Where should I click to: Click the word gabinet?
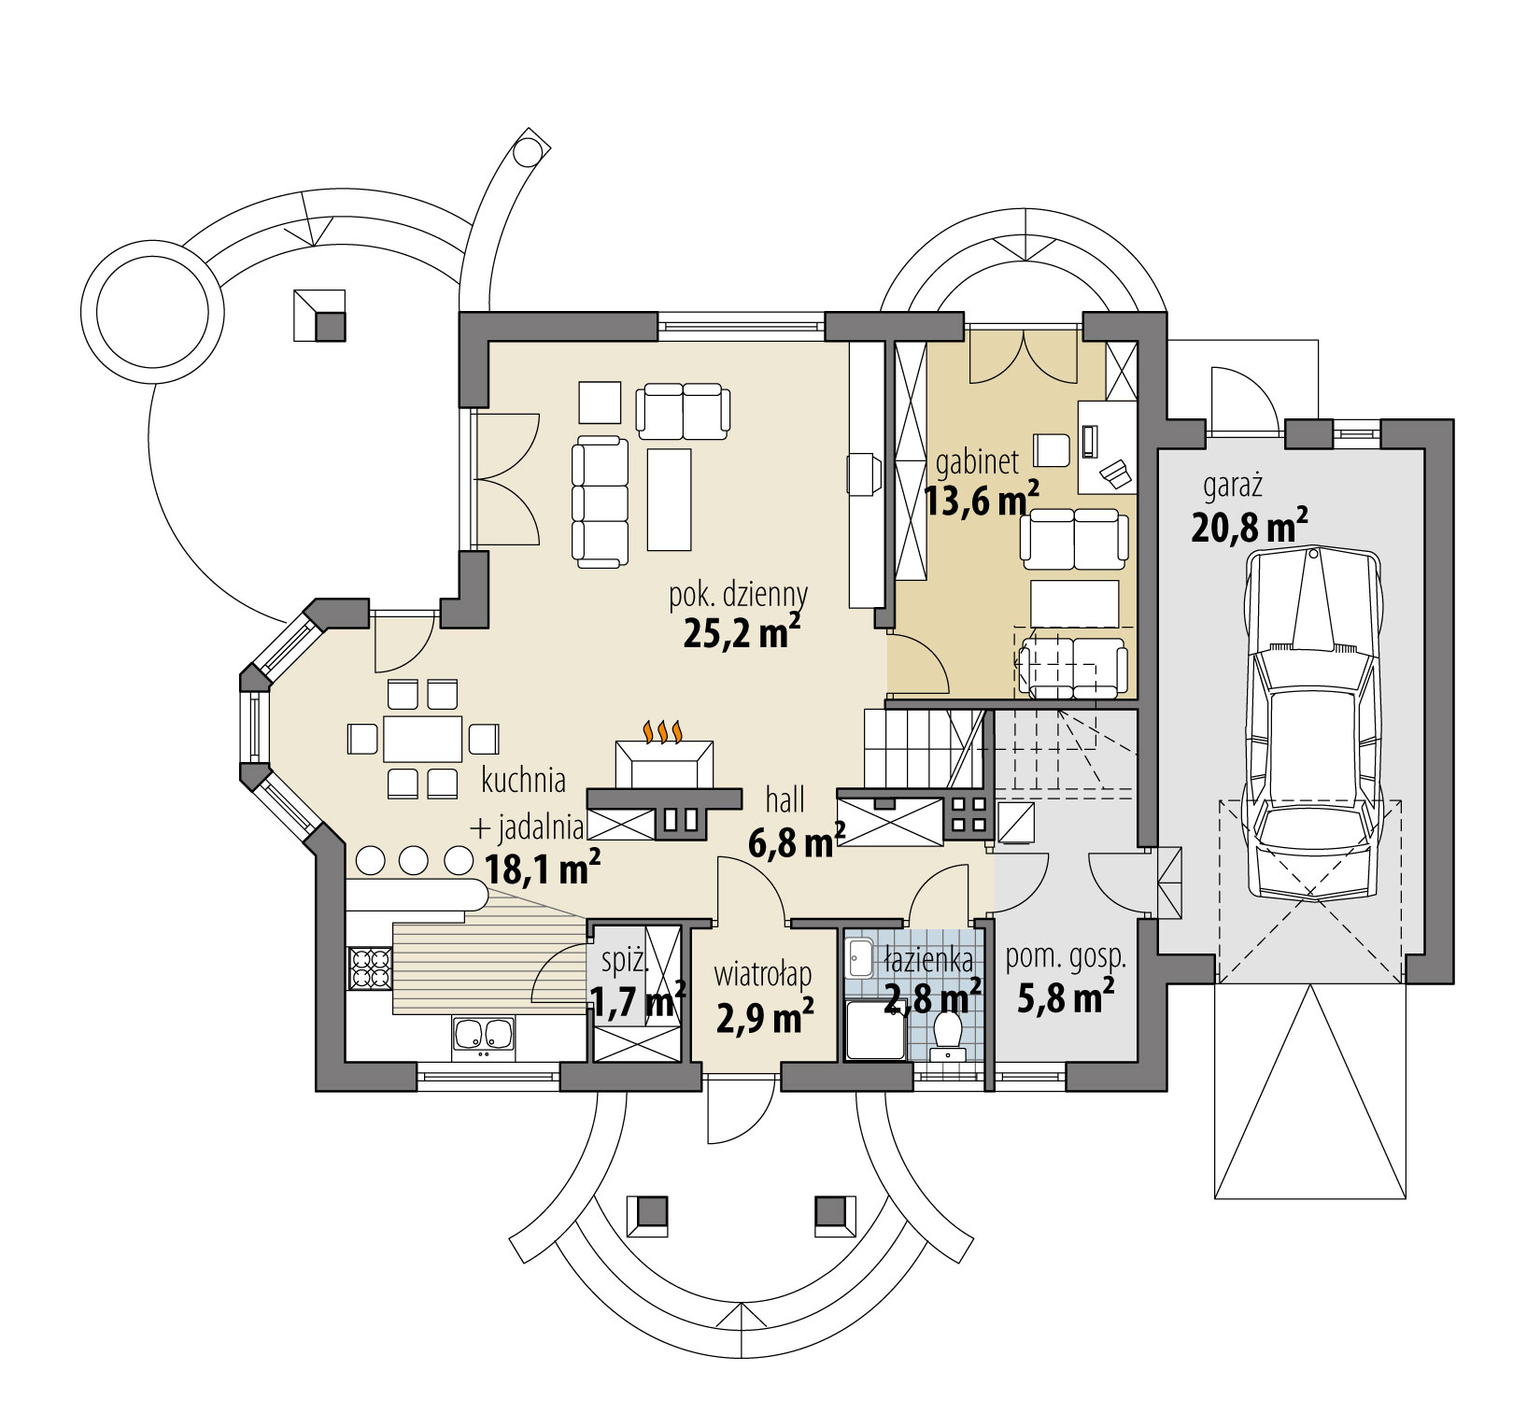(x=977, y=460)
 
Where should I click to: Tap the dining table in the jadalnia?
(x=422, y=739)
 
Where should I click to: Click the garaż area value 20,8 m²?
(x=1248, y=528)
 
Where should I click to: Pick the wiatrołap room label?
(x=763, y=975)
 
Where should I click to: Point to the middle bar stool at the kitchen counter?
(x=415, y=859)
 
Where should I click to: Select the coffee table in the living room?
(x=669, y=500)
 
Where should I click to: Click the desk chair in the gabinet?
(x=1052, y=449)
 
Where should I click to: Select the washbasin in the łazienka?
(x=859, y=958)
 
